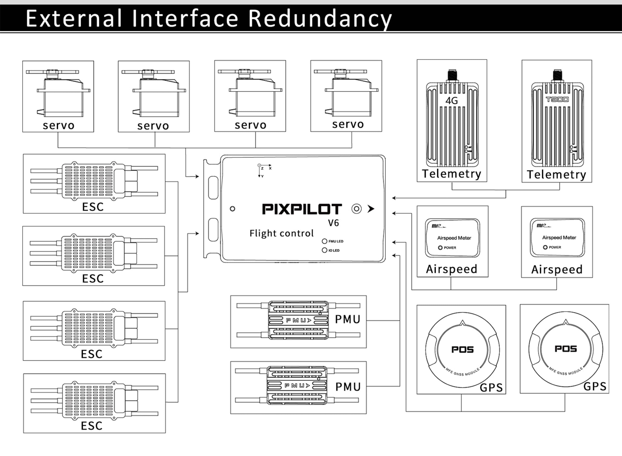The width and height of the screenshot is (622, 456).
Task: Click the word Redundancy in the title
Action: [320, 19]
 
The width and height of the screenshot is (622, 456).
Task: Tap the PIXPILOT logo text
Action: [302, 209]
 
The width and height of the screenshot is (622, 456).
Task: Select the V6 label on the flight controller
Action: [333, 223]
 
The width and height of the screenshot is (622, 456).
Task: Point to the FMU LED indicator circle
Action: [324, 241]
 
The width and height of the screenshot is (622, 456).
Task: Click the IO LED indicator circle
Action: [324, 250]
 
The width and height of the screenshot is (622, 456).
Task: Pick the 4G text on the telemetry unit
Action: [452, 101]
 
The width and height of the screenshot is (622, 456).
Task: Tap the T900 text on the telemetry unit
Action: [557, 99]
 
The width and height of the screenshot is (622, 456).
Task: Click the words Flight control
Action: [281, 234]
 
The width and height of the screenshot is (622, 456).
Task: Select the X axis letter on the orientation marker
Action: [270, 168]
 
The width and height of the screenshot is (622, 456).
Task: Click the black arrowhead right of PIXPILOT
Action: [371, 209]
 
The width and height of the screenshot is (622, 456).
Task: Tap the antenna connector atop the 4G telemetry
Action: [452, 75]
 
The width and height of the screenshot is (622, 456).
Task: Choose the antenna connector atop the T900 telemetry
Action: [557, 75]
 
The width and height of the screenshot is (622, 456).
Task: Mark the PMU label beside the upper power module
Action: [348, 319]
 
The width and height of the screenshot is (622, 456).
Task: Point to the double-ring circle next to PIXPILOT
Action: [357, 209]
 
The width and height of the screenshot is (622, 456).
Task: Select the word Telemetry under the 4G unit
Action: [452, 174]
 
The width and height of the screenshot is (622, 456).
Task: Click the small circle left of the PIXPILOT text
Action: [232, 209]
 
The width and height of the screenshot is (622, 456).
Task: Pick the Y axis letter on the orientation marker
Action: [262, 176]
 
